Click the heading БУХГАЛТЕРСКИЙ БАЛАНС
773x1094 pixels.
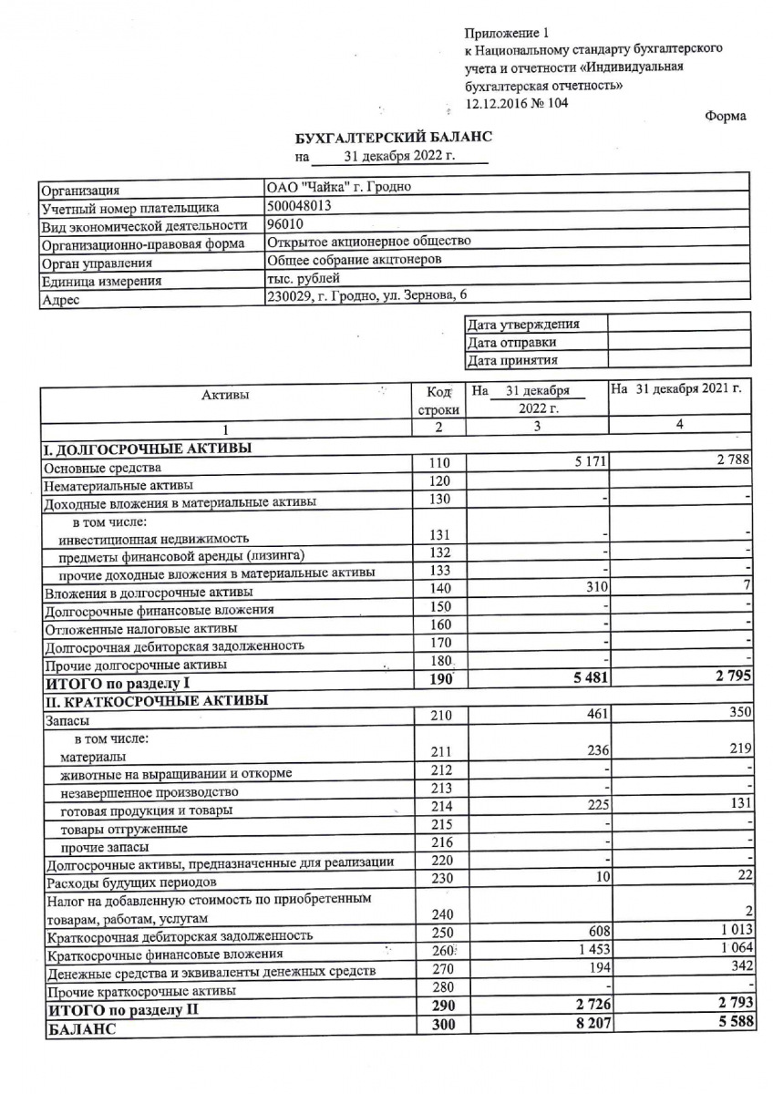pyautogui.click(x=393, y=137)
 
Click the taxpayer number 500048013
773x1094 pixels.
pyautogui.click(x=298, y=206)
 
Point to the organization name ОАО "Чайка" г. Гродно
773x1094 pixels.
pyautogui.click(x=338, y=188)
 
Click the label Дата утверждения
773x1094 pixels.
pyautogui.click(x=522, y=324)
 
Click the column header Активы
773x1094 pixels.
pyautogui.click(x=225, y=395)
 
